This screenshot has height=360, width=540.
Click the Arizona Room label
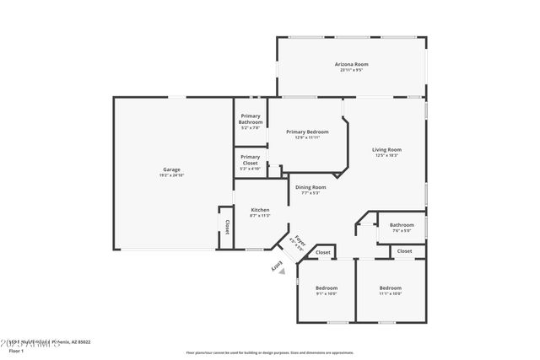pyautogui.click(x=352, y=64)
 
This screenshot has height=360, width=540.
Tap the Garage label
pyautogui.click(x=171, y=169)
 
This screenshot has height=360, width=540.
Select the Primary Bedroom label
pyautogui.click(x=307, y=132)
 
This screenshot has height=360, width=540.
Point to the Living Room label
pyautogui.click(x=386, y=150)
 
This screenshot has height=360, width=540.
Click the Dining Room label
pyautogui.click(x=310, y=187)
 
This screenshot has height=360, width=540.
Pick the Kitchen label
pyautogui.click(x=259, y=209)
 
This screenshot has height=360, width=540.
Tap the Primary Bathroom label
pyautogui.click(x=251, y=119)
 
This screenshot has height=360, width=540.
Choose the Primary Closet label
pyautogui.click(x=251, y=159)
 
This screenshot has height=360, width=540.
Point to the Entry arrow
pyautogui.click(x=276, y=266)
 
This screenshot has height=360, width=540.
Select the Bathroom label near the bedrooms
pyautogui.click(x=402, y=224)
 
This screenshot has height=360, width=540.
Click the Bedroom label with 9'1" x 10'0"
pyautogui.click(x=326, y=287)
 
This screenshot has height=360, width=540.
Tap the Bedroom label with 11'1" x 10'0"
pyautogui.click(x=391, y=287)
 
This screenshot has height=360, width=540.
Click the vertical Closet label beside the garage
pyautogui.click(x=226, y=228)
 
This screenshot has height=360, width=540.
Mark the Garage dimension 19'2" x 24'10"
pyautogui.click(x=171, y=175)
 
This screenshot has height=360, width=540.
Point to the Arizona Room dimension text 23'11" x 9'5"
pyautogui.click(x=352, y=70)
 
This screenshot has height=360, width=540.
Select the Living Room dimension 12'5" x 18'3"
pyautogui.click(x=386, y=155)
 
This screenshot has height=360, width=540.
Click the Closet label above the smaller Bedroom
pyautogui.click(x=323, y=253)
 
